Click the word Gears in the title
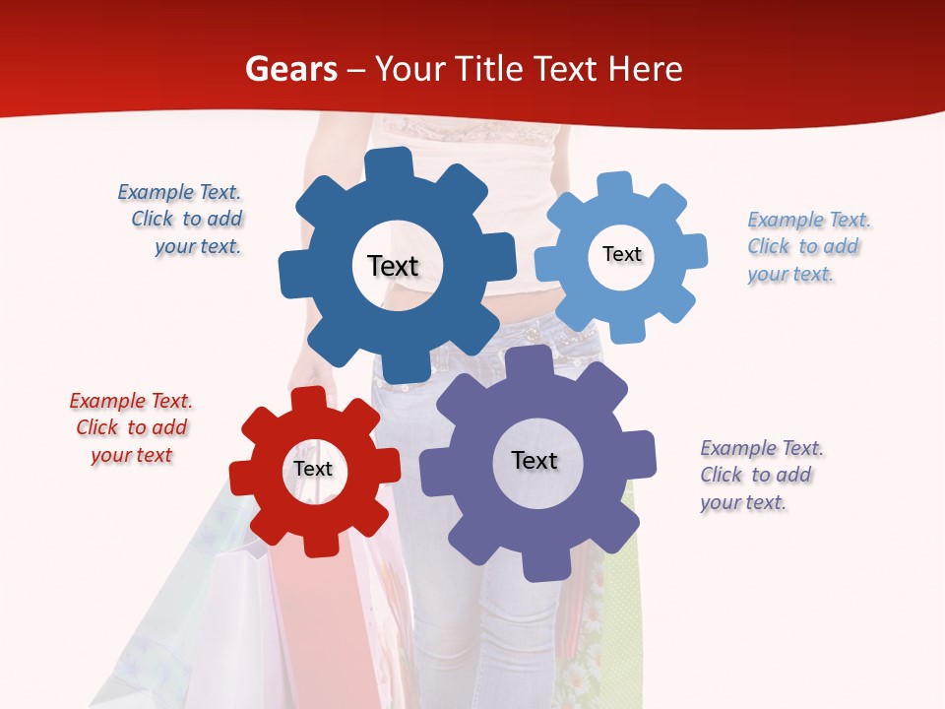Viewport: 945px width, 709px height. (x=290, y=69)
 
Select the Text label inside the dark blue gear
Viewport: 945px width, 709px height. (x=393, y=266)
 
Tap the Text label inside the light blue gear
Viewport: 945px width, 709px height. (x=621, y=254)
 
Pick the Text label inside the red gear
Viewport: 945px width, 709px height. (x=313, y=470)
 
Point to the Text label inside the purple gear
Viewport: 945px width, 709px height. (x=535, y=461)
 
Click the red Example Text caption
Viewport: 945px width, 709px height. (x=131, y=428)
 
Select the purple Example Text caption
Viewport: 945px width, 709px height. (x=761, y=476)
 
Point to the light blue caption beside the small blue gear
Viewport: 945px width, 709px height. (x=808, y=246)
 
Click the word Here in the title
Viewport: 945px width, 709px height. (x=646, y=69)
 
